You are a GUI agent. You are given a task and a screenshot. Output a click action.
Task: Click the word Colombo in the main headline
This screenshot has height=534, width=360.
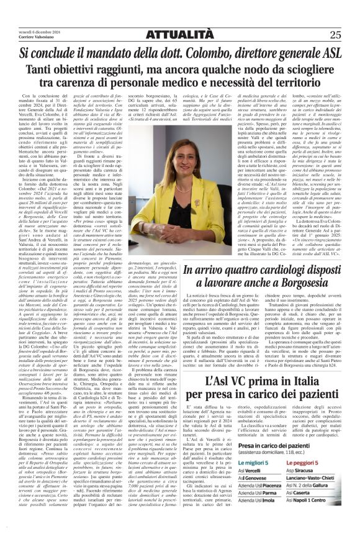pos(200,53)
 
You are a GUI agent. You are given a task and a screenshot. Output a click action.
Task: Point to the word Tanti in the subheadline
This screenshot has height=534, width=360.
pos(55,71)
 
